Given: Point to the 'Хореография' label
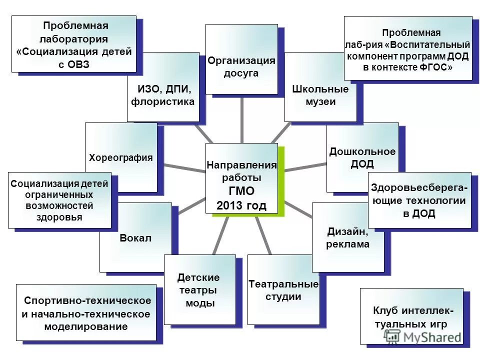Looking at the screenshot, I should coord(120,157).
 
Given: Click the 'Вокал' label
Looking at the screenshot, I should coord(135,237).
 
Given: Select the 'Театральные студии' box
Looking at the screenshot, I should coord(283,290).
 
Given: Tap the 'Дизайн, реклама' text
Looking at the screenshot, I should coord(348,237).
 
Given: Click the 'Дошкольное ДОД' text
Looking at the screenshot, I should coord(362,157).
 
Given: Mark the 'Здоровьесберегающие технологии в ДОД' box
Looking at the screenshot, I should coord(420,200).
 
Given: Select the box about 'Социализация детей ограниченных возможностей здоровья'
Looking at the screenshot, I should coord(59,200).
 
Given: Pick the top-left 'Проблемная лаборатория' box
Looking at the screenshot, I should coord(74,44).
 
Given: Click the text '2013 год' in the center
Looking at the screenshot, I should coord(241,204).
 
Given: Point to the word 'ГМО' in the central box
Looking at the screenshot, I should coord(241,190).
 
